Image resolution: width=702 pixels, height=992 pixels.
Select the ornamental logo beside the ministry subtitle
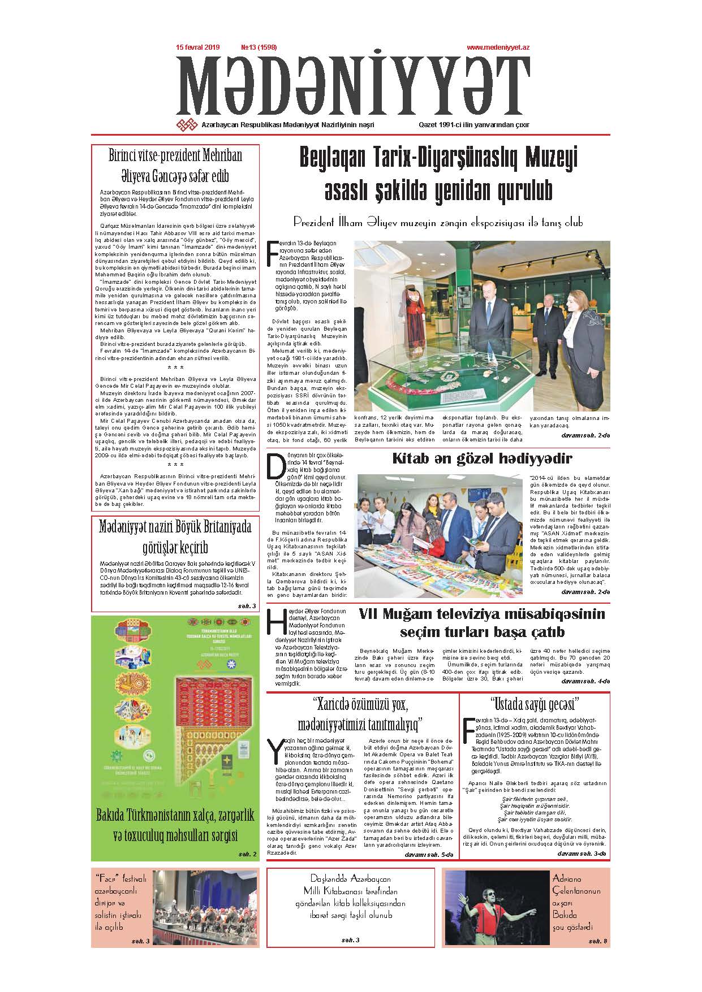coord(187,125)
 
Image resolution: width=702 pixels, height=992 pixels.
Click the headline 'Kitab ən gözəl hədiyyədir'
coord(482,459)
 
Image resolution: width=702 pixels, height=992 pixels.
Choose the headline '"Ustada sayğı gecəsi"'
coord(535,705)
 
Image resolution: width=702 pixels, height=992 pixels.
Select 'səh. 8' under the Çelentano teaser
coord(597,941)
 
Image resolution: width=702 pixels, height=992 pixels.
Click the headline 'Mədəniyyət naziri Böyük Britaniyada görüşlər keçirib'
coord(175,537)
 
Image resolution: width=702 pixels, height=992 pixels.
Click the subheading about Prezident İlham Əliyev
coord(437,223)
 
